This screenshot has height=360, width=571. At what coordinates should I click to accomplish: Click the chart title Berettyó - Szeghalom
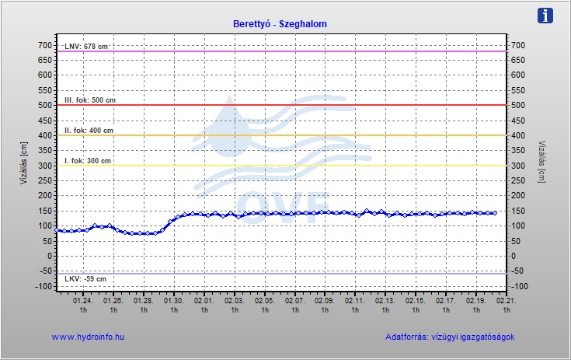click(280, 24)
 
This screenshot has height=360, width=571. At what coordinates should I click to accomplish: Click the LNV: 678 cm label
click(86, 47)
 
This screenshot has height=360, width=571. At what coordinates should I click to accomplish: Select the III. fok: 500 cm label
click(89, 100)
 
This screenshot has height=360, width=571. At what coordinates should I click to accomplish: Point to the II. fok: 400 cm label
click(89, 131)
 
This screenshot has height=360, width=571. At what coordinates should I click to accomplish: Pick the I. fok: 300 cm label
click(88, 161)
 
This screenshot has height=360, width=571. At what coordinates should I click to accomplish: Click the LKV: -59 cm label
click(85, 278)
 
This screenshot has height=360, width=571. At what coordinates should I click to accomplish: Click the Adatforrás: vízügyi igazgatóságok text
click(450, 337)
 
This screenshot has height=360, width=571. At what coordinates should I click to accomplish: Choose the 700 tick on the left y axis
click(44, 45)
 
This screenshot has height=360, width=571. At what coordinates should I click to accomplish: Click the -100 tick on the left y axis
click(42, 286)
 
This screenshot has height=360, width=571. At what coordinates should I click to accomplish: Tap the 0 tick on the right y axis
click(514, 256)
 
